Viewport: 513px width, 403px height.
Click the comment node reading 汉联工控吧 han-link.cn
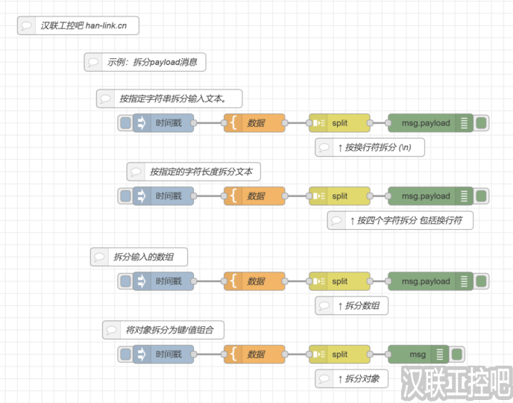[x=78, y=26]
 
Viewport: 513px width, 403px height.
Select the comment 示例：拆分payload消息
[x=145, y=63]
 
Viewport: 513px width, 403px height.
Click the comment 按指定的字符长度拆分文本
[x=193, y=172]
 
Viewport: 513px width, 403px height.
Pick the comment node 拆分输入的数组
[x=139, y=257]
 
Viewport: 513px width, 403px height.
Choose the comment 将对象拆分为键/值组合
[x=163, y=329]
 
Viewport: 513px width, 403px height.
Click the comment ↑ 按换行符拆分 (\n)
[x=370, y=148]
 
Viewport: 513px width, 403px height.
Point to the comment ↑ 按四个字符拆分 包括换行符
[x=400, y=220]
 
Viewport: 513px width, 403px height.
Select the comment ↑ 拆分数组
[x=351, y=305]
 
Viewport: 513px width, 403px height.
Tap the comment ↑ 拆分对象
[x=351, y=378]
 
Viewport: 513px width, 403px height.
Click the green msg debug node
[x=418, y=354]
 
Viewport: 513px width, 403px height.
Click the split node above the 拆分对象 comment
[x=339, y=354]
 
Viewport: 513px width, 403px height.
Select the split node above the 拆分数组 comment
[x=339, y=281]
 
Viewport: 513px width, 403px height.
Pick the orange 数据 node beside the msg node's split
[x=255, y=354]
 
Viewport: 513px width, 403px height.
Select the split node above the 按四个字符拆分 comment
[x=339, y=196]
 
